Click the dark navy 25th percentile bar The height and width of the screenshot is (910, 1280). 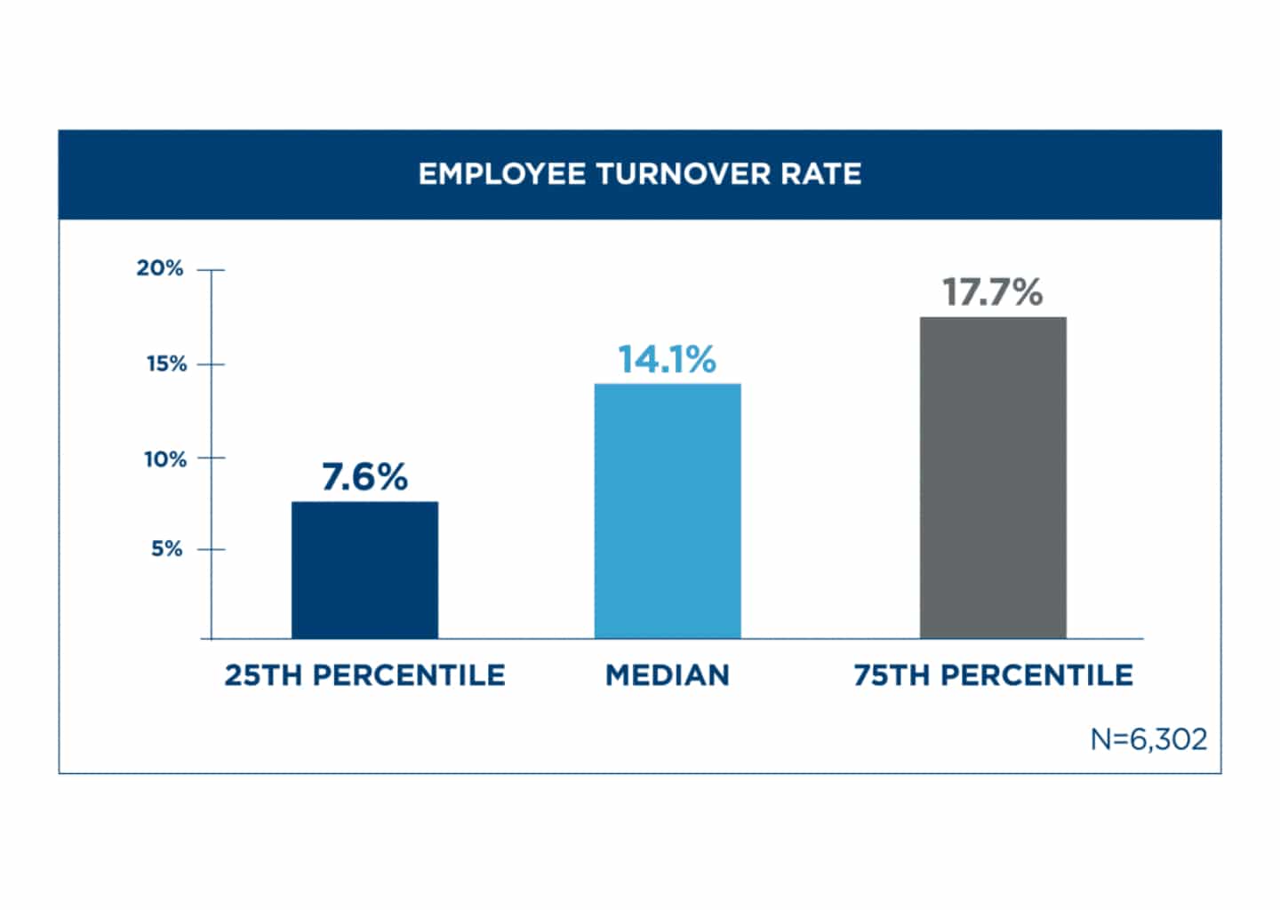tap(364, 570)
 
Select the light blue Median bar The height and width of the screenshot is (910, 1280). tap(667, 511)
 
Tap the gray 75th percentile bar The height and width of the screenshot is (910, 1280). tap(993, 477)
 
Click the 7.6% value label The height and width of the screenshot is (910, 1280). tap(364, 477)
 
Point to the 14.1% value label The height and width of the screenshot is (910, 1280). tap(667, 360)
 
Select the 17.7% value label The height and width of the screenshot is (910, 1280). tap(993, 292)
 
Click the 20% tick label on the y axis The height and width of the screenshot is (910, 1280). tap(160, 268)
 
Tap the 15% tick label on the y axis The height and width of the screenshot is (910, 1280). tap(166, 364)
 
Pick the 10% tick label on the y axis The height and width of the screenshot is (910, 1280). tap(165, 459)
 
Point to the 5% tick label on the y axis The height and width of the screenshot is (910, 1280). tap(166, 549)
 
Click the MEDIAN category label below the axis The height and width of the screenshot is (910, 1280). tap(667, 675)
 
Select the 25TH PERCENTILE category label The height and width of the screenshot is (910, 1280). tap(364, 675)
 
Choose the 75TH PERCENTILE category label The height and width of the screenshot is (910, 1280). tap(993, 675)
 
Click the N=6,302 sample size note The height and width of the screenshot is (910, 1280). tap(1148, 739)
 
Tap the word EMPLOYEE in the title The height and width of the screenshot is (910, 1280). tap(501, 174)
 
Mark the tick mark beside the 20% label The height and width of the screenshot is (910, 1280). tap(211, 269)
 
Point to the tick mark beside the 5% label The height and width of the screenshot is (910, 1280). tap(211, 549)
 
